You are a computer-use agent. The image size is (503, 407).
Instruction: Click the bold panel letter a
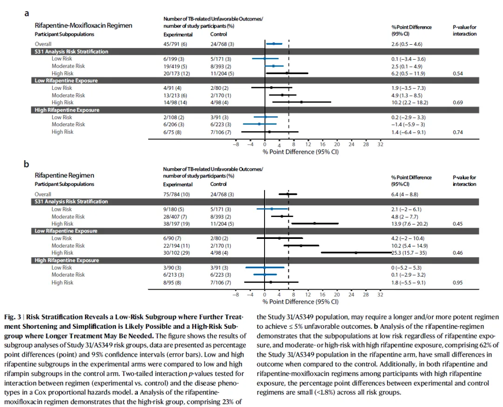pyautogui.click(x=27, y=14)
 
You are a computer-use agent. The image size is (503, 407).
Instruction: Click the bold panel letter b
pyautogui.click(x=27, y=164)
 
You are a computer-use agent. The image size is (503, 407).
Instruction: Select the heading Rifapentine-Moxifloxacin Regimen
pyautogui.click(x=83, y=26)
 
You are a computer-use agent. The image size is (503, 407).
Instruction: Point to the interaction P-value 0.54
pyautogui.click(x=458, y=74)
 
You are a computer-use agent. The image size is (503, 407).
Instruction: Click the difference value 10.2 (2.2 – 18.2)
pyautogui.click(x=409, y=102)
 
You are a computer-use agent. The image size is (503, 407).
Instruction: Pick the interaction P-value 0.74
pyautogui.click(x=458, y=132)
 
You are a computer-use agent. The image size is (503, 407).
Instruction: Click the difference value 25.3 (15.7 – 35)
pyautogui.click(x=408, y=253)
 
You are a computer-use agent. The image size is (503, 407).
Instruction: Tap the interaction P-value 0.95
pyautogui.click(x=458, y=283)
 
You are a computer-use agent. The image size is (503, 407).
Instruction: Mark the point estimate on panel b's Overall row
pyautogui.click(x=288, y=194)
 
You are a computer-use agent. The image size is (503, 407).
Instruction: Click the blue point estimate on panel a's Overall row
pyautogui.click(x=274, y=44)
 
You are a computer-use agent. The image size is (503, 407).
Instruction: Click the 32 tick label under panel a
pyautogui.click(x=380, y=144)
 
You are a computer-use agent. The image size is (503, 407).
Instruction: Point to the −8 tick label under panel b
pyautogui.click(x=236, y=295)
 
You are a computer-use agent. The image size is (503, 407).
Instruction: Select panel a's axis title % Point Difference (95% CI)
pyautogui.click(x=300, y=152)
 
